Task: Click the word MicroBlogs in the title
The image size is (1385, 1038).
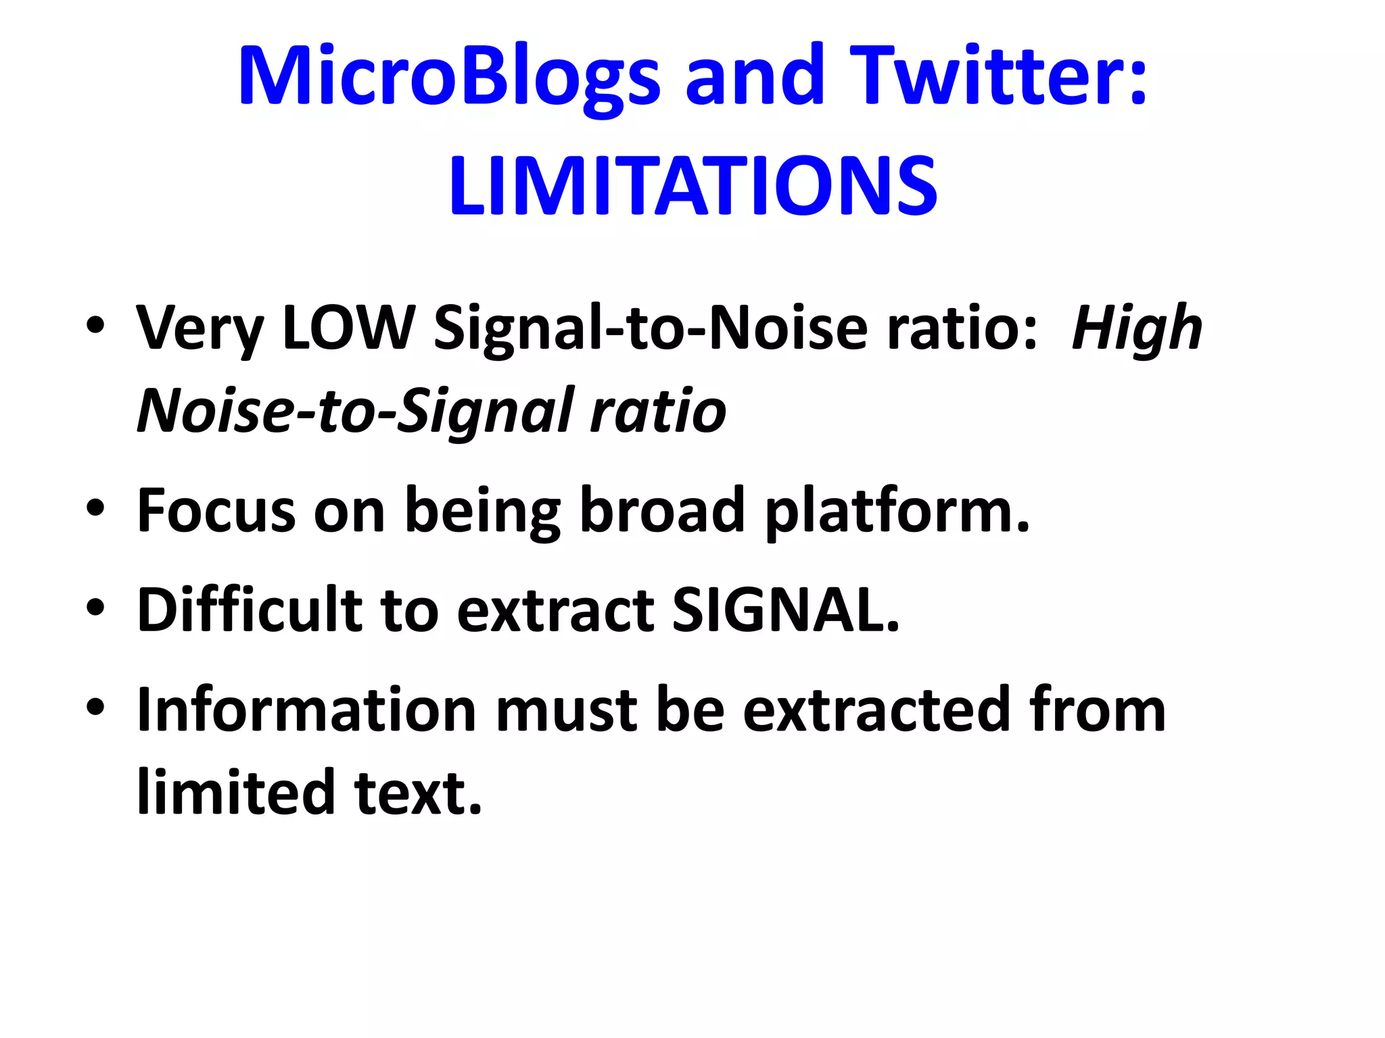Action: (x=448, y=76)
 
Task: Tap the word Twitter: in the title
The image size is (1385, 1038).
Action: (x=998, y=76)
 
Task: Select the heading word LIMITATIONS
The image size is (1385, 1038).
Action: (x=692, y=185)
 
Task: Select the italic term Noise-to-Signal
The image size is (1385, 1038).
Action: (x=354, y=411)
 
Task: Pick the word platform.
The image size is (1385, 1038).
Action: (x=897, y=512)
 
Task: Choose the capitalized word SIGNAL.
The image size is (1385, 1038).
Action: (x=784, y=610)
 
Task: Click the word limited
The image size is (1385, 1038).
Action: (x=236, y=792)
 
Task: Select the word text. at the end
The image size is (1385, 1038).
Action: (x=418, y=792)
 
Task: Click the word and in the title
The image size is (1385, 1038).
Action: (x=755, y=76)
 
